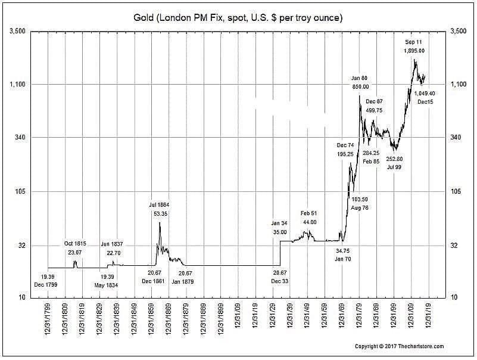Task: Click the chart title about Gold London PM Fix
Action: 238,18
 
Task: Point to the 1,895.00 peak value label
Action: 414,51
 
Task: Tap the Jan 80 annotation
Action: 360,78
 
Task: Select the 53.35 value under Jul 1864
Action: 160,213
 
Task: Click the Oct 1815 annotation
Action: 76,244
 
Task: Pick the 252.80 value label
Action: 394,159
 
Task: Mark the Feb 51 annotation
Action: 309,213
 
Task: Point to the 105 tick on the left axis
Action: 20,191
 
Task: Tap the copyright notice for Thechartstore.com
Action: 399,346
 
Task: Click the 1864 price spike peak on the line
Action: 160,222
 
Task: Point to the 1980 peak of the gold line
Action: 360,95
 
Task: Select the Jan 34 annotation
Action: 279,223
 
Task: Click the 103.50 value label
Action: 360,199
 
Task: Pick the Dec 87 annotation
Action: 375,102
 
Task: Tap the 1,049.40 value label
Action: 425,94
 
